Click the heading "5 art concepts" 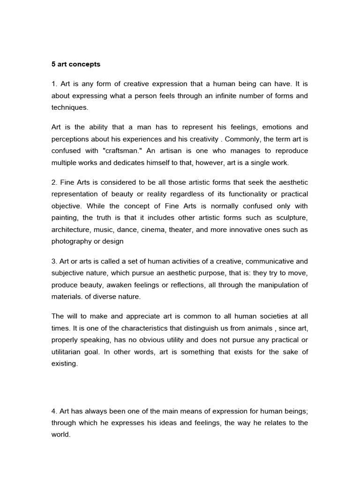point(75,64)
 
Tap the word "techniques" point(69,107)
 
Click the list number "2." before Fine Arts point(54,182)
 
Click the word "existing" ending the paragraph point(64,363)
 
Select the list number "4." point(54,411)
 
